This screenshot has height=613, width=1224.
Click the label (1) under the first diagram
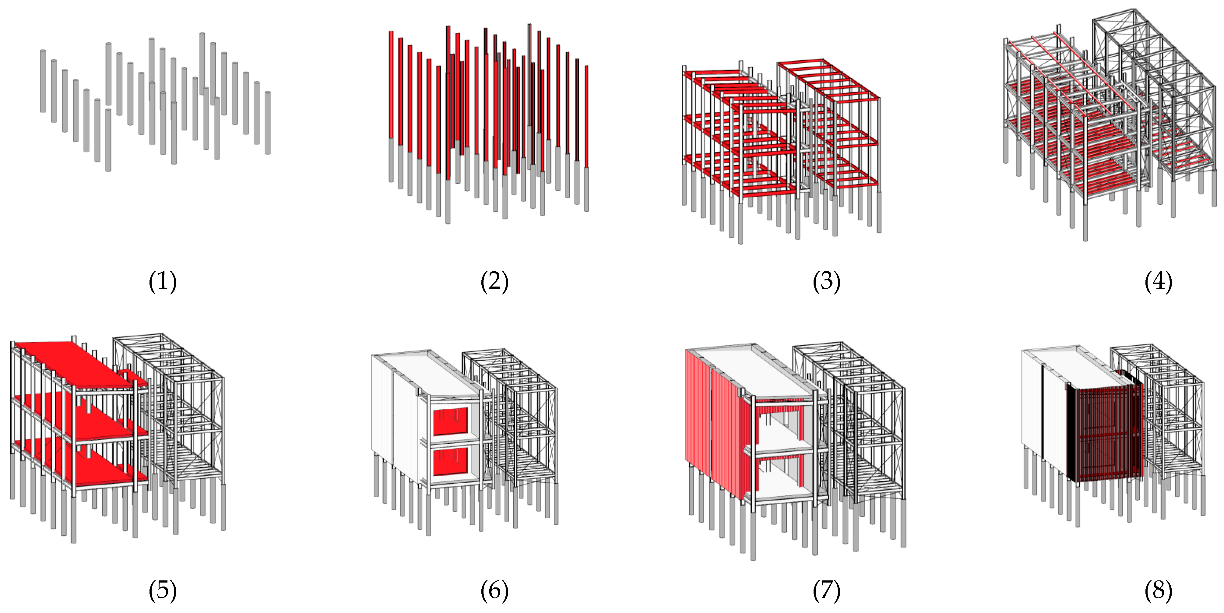(163, 281)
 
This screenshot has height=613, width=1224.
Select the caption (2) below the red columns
(494, 281)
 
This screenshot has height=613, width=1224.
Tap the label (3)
(826, 281)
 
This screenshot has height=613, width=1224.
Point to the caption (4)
(1158, 281)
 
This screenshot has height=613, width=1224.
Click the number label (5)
(163, 590)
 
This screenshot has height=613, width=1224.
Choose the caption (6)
(494, 590)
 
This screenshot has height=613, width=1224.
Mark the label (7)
(826, 590)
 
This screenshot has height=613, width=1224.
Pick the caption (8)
(1158, 590)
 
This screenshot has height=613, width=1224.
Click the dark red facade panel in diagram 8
(1102, 432)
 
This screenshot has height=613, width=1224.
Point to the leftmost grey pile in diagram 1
(43, 81)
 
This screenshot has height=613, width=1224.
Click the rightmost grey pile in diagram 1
(268, 123)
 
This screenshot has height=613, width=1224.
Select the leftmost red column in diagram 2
(391, 86)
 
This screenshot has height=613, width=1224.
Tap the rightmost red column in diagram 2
(586, 116)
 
